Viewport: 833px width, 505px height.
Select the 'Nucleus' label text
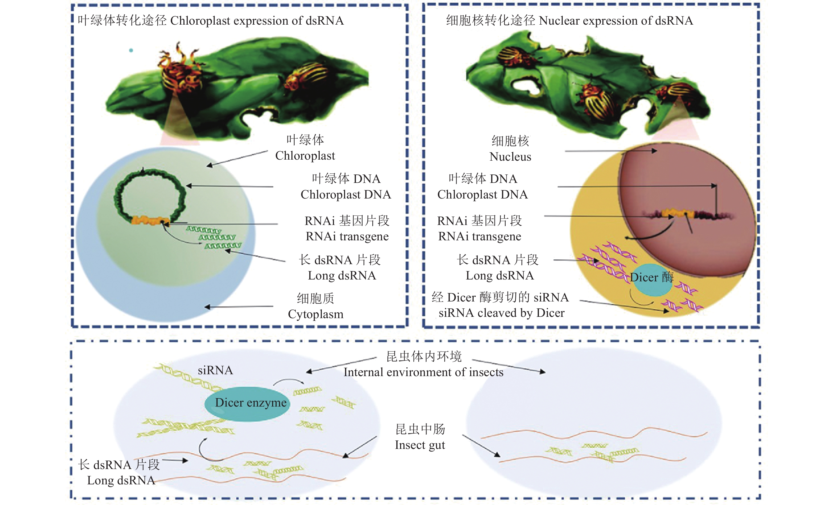point(510,157)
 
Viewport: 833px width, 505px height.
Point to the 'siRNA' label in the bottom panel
point(215,370)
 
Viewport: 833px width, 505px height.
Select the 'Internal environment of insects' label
point(424,372)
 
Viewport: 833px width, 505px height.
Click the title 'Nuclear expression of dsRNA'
point(616,21)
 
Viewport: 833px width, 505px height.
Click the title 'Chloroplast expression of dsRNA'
point(257,21)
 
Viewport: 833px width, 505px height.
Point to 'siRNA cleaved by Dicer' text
point(502,313)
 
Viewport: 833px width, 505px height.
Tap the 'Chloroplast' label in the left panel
point(305,156)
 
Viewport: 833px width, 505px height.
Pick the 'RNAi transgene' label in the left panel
point(347,237)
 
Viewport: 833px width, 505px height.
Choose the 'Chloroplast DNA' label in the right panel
point(482,195)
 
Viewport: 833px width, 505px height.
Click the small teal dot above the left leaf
point(131,51)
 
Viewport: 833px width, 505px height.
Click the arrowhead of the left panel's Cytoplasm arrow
point(207,307)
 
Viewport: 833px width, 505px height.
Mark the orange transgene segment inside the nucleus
point(678,214)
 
